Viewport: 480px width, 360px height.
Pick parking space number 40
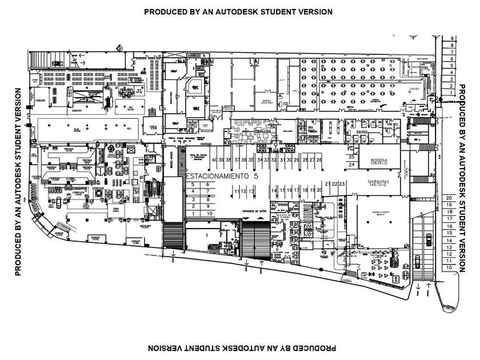(x=214, y=160)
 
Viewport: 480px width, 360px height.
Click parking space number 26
(x=319, y=160)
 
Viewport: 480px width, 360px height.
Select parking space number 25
(x=352, y=157)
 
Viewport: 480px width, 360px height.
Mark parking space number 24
(x=352, y=165)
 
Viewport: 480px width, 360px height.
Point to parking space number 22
(x=334, y=184)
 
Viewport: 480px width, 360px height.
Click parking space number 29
(x=297, y=160)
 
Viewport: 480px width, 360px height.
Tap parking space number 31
(x=282, y=160)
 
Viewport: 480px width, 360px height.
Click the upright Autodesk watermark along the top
(x=238, y=11)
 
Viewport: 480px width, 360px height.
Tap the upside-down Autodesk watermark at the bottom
(x=238, y=348)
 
